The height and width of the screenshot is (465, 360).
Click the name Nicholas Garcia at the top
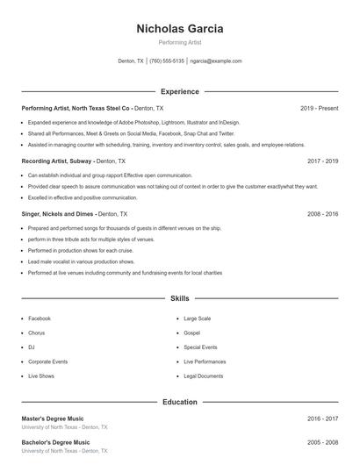pyautogui.click(x=179, y=28)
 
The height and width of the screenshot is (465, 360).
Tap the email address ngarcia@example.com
pyautogui.click(x=216, y=61)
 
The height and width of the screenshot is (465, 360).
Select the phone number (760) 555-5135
pyautogui.click(x=167, y=61)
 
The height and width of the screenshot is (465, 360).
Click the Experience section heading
pyautogui.click(x=179, y=91)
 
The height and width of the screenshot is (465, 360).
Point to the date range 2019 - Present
pyautogui.click(x=319, y=108)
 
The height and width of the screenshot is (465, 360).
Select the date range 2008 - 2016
pyautogui.click(x=322, y=214)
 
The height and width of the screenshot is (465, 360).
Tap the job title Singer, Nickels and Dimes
pyautogui.click(x=58, y=214)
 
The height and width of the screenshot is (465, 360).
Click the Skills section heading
pyautogui.click(x=179, y=299)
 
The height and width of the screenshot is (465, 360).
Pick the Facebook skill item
pyautogui.click(x=40, y=318)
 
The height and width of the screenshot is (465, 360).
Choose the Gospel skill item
pyautogui.click(x=192, y=333)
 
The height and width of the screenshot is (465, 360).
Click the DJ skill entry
pyautogui.click(x=32, y=347)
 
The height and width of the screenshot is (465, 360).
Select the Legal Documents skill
pyautogui.click(x=204, y=376)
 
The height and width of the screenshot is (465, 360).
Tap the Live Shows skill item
pyautogui.click(x=41, y=376)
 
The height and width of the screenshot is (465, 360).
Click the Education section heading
pyautogui.click(x=179, y=402)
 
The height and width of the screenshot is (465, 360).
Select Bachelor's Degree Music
pyautogui.click(x=55, y=442)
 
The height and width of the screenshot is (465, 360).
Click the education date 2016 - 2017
pyautogui.click(x=322, y=419)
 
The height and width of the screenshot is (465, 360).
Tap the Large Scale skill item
pyautogui.click(x=198, y=318)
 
